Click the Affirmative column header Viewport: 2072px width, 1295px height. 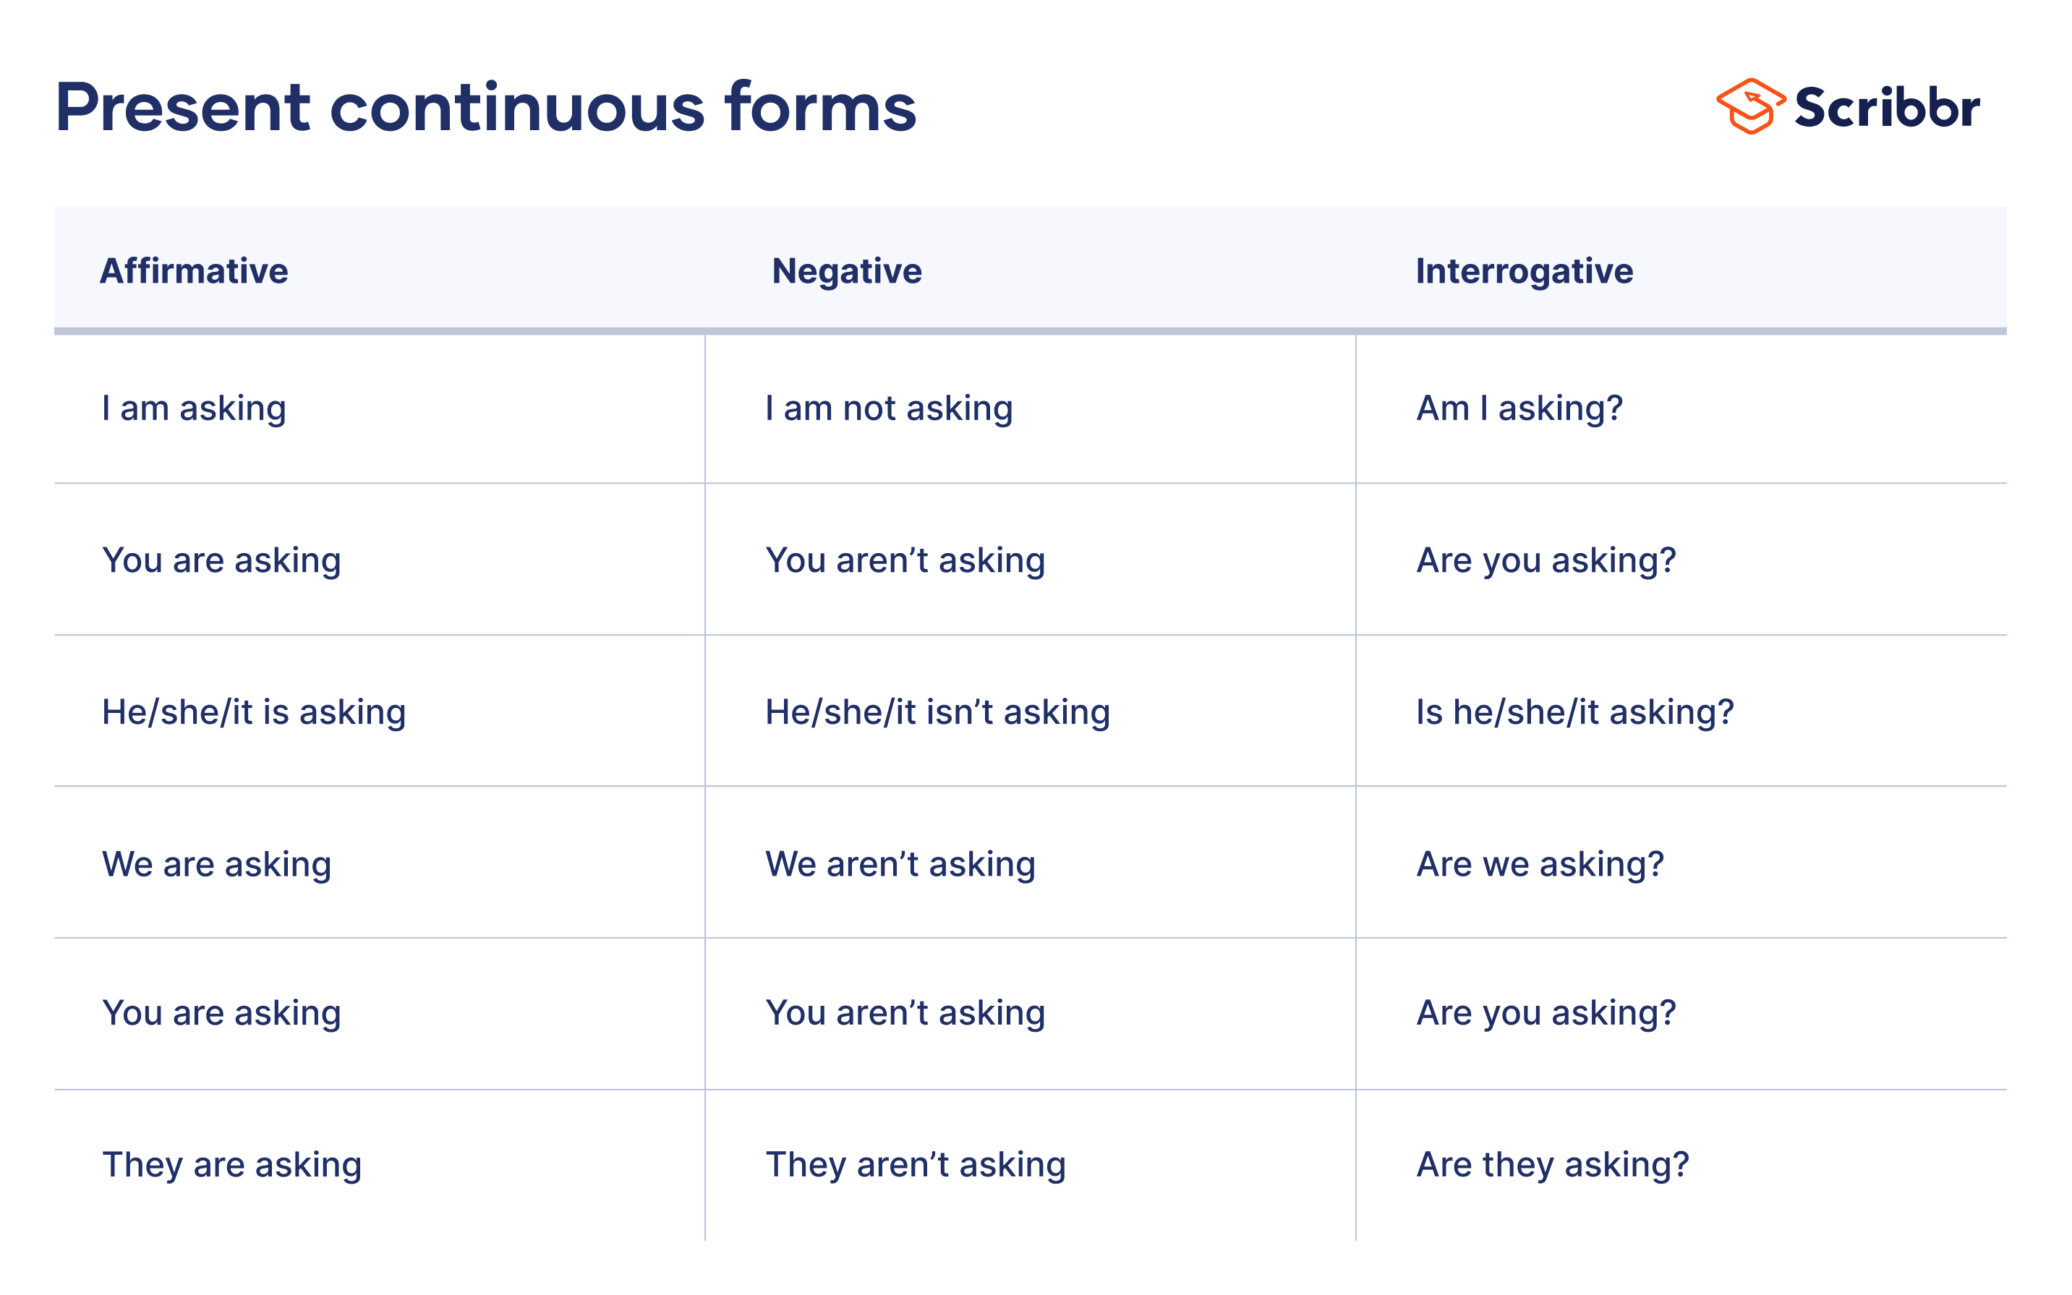[x=194, y=270]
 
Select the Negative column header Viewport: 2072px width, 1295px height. [x=846, y=270]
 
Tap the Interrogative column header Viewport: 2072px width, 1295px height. [x=1524, y=270]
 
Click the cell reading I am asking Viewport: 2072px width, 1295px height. [x=194, y=409]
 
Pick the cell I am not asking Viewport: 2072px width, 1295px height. [x=888, y=409]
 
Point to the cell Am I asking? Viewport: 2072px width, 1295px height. [x=1519, y=409]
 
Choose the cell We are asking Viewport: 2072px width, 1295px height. [x=216, y=864]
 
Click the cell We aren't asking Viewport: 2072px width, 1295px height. [x=900, y=864]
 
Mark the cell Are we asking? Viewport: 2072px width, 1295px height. [x=1539, y=864]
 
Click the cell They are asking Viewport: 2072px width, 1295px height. [x=231, y=1165]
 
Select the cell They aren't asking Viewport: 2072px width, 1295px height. [x=915, y=1165]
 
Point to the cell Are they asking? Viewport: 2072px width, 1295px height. [x=1552, y=1165]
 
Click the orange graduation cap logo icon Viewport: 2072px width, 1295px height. [x=1750, y=107]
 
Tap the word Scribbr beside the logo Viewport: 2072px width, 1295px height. [x=1887, y=108]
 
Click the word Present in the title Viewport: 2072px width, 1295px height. [x=182, y=108]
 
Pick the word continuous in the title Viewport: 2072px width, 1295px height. [x=517, y=108]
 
